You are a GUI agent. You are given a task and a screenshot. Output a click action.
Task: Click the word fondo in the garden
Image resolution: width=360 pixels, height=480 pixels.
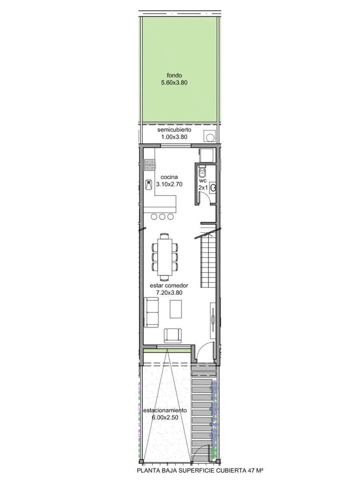(x=174, y=76)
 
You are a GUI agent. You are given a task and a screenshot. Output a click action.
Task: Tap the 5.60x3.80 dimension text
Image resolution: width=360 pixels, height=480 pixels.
(x=174, y=83)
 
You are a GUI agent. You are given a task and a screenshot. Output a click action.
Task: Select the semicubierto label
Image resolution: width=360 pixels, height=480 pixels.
(x=174, y=130)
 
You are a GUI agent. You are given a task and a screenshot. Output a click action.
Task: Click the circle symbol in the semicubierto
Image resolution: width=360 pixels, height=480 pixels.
(x=210, y=137)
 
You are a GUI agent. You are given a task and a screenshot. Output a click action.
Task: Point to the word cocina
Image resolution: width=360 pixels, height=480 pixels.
(x=169, y=177)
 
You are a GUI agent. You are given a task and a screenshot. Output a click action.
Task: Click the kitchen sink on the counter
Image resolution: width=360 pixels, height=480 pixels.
(x=149, y=185)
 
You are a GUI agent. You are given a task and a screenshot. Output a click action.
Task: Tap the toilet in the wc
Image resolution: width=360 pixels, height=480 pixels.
(x=202, y=171)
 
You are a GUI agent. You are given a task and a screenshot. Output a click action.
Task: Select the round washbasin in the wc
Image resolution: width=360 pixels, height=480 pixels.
(x=213, y=188)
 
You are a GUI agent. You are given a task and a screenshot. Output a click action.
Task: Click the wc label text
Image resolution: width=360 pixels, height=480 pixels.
(x=203, y=181)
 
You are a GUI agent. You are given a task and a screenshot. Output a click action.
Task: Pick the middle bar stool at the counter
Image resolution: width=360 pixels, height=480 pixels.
(x=162, y=217)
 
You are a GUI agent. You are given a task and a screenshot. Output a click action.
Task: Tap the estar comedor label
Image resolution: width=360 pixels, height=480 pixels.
(x=169, y=286)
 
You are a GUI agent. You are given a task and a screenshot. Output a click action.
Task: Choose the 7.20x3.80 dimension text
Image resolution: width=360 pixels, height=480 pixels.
(x=169, y=292)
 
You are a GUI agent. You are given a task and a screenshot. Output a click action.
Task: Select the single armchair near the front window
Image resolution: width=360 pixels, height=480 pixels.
(x=173, y=336)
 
